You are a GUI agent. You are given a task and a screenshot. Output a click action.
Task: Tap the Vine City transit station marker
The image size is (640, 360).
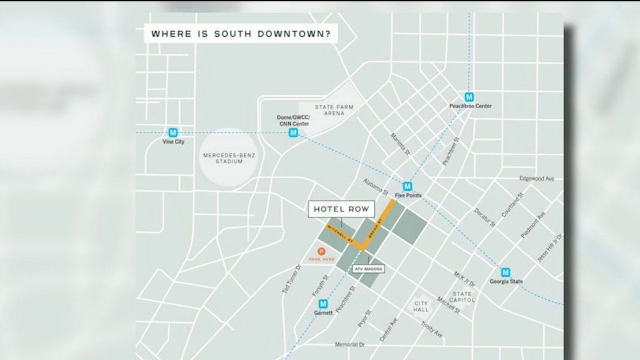point(173,132)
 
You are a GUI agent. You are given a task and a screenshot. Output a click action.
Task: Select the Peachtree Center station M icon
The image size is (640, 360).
point(470,97)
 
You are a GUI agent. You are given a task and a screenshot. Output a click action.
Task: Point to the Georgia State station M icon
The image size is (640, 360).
point(506,272)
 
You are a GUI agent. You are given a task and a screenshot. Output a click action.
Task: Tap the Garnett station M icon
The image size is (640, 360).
point(323,303)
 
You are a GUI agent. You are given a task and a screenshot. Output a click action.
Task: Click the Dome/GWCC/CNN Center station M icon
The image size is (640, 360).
point(293,132)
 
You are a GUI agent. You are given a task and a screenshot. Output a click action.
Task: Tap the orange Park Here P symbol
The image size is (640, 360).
point(323,251)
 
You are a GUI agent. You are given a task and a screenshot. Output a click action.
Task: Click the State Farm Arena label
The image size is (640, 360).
point(334,111)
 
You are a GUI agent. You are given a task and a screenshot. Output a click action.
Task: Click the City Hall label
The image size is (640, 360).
point(421,306)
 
